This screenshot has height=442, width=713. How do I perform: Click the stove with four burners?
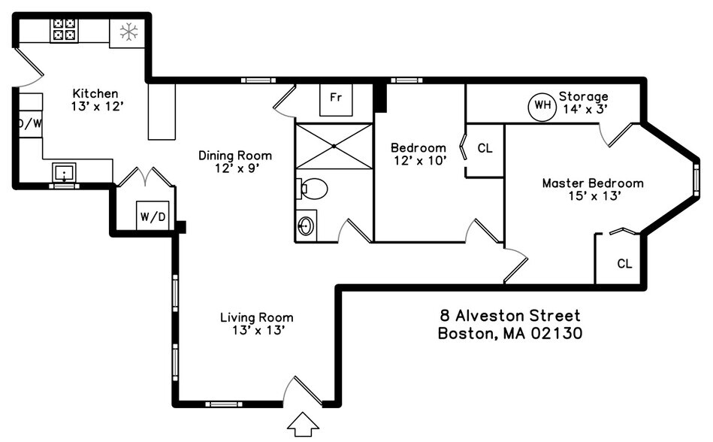(64, 30)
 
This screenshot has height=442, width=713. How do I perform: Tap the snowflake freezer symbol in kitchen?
(128, 32)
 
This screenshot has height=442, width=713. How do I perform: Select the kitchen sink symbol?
(65, 174)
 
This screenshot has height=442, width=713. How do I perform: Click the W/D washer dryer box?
(153, 216)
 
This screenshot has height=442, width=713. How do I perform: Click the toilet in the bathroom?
(313, 188)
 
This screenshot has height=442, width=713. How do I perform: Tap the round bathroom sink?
(306, 226)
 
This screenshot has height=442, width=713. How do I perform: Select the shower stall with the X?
(334, 146)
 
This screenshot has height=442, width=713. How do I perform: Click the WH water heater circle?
(542, 106)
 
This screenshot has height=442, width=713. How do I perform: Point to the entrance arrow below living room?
(304, 425)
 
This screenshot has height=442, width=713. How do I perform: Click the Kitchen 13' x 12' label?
(95, 100)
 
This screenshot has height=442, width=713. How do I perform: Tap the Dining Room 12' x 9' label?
(235, 162)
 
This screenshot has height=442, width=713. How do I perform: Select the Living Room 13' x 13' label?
(256, 324)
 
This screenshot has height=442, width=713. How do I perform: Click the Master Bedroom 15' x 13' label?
(593, 189)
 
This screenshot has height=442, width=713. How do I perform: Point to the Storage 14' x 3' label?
(585, 103)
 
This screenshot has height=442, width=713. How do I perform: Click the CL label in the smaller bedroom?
(485, 148)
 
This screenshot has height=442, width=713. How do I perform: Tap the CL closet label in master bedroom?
(624, 264)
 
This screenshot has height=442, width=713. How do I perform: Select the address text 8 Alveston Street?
(509, 316)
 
